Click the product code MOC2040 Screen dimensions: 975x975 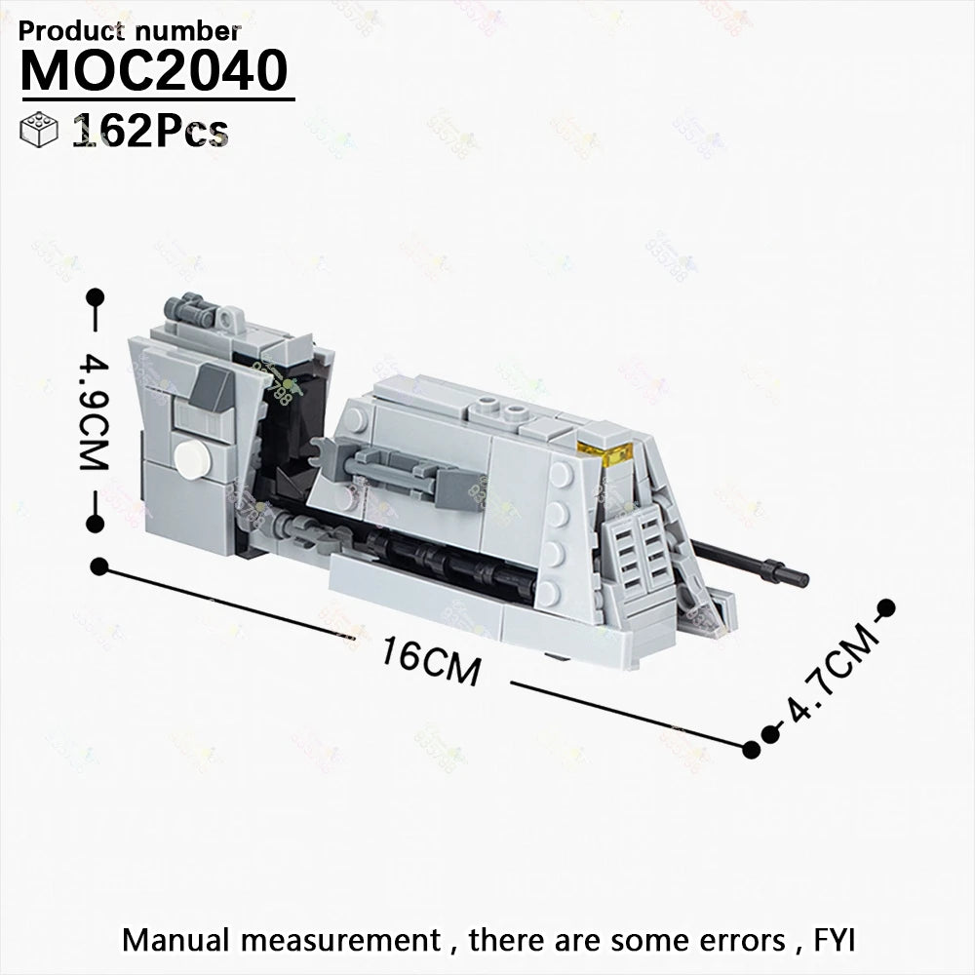[154, 70]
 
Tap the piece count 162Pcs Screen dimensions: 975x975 [150, 132]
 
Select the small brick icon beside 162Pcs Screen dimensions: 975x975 [39, 130]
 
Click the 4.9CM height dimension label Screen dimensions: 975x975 [95, 412]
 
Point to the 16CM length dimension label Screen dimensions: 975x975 [431, 661]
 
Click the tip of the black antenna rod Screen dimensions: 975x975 [807, 580]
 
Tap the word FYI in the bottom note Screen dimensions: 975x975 [835, 940]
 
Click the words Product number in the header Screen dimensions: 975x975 [130, 31]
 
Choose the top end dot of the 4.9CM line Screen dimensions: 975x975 [96, 297]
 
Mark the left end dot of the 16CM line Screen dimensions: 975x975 [99, 566]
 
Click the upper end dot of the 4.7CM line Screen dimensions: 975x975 [886, 607]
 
